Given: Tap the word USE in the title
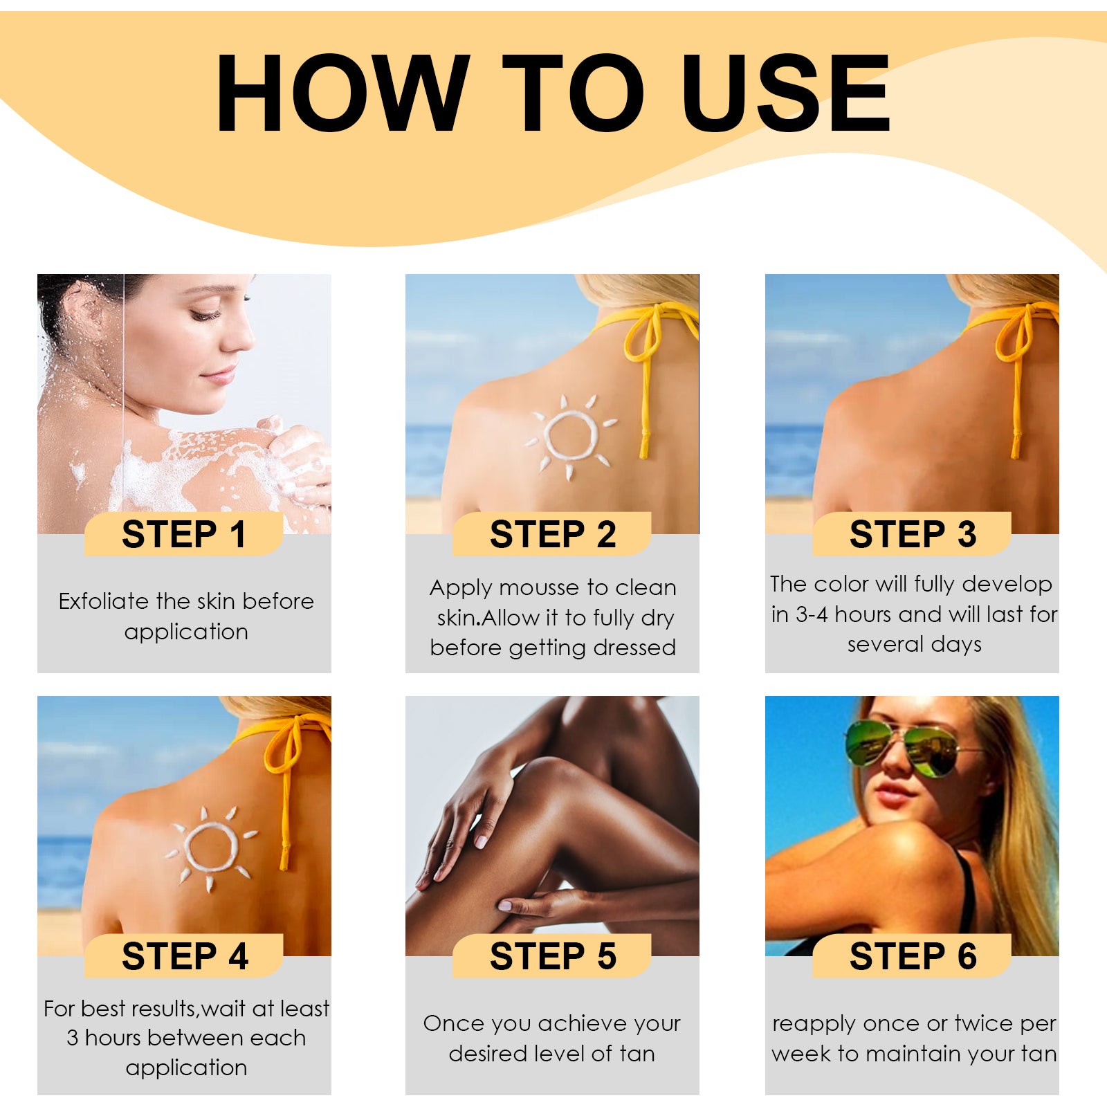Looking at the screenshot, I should click(x=785, y=93).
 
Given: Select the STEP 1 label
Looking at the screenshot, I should click(x=184, y=535).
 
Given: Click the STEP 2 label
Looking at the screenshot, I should click(x=552, y=535).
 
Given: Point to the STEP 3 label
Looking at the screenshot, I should click(x=912, y=535).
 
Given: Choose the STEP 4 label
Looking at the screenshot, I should click(x=184, y=957).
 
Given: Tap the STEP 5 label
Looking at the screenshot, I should click(x=552, y=957).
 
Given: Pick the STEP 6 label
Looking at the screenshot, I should click(x=912, y=957).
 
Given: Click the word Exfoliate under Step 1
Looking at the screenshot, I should click(x=104, y=601).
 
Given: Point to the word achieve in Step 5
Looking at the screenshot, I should click(x=583, y=1023).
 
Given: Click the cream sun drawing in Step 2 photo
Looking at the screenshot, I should click(x=571, y=436).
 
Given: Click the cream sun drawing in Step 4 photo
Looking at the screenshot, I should click(x=211, y=848).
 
